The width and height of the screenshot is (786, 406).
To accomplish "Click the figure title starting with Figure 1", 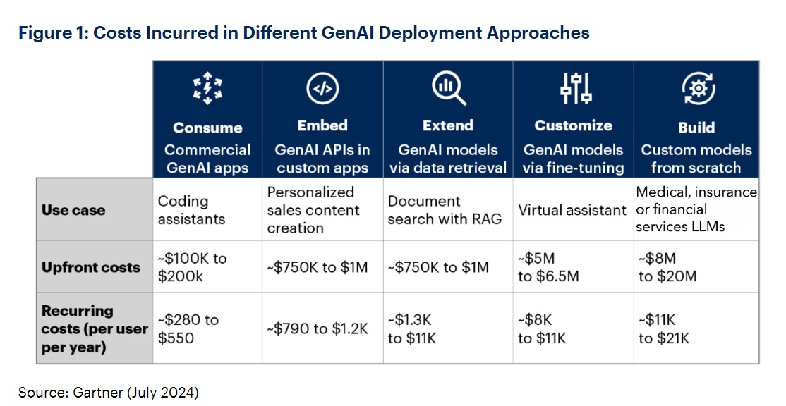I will pos(304,32).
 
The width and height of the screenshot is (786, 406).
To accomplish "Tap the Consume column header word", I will pos(207,128).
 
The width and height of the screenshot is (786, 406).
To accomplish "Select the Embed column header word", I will pos(322,125).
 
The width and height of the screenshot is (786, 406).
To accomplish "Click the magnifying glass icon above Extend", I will pos(448,88).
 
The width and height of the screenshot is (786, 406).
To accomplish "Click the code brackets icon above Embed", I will pos(322,89).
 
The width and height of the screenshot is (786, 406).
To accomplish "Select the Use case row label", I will pos(73,210).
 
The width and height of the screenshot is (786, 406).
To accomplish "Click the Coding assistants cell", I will pos(184,210).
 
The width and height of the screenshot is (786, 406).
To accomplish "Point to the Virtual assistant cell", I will pos(572,210).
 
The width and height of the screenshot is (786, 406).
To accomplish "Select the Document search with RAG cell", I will pos(445,210).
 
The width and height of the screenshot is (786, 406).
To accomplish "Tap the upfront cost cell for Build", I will pos(667,268).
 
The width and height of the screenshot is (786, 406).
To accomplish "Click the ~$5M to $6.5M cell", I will pos(548,268).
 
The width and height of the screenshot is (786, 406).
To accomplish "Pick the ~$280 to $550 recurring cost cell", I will pos(188,328).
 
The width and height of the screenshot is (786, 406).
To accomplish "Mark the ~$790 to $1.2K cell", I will pos(318,328).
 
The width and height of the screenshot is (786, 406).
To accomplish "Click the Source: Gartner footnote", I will pos(109,392).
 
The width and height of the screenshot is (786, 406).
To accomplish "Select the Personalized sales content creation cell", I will pos(313,210).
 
